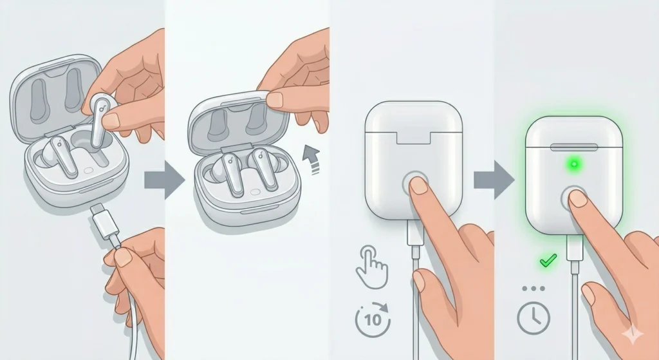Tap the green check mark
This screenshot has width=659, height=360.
(x=548, y=261)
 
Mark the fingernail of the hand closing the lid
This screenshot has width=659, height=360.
(x=275, y=100)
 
